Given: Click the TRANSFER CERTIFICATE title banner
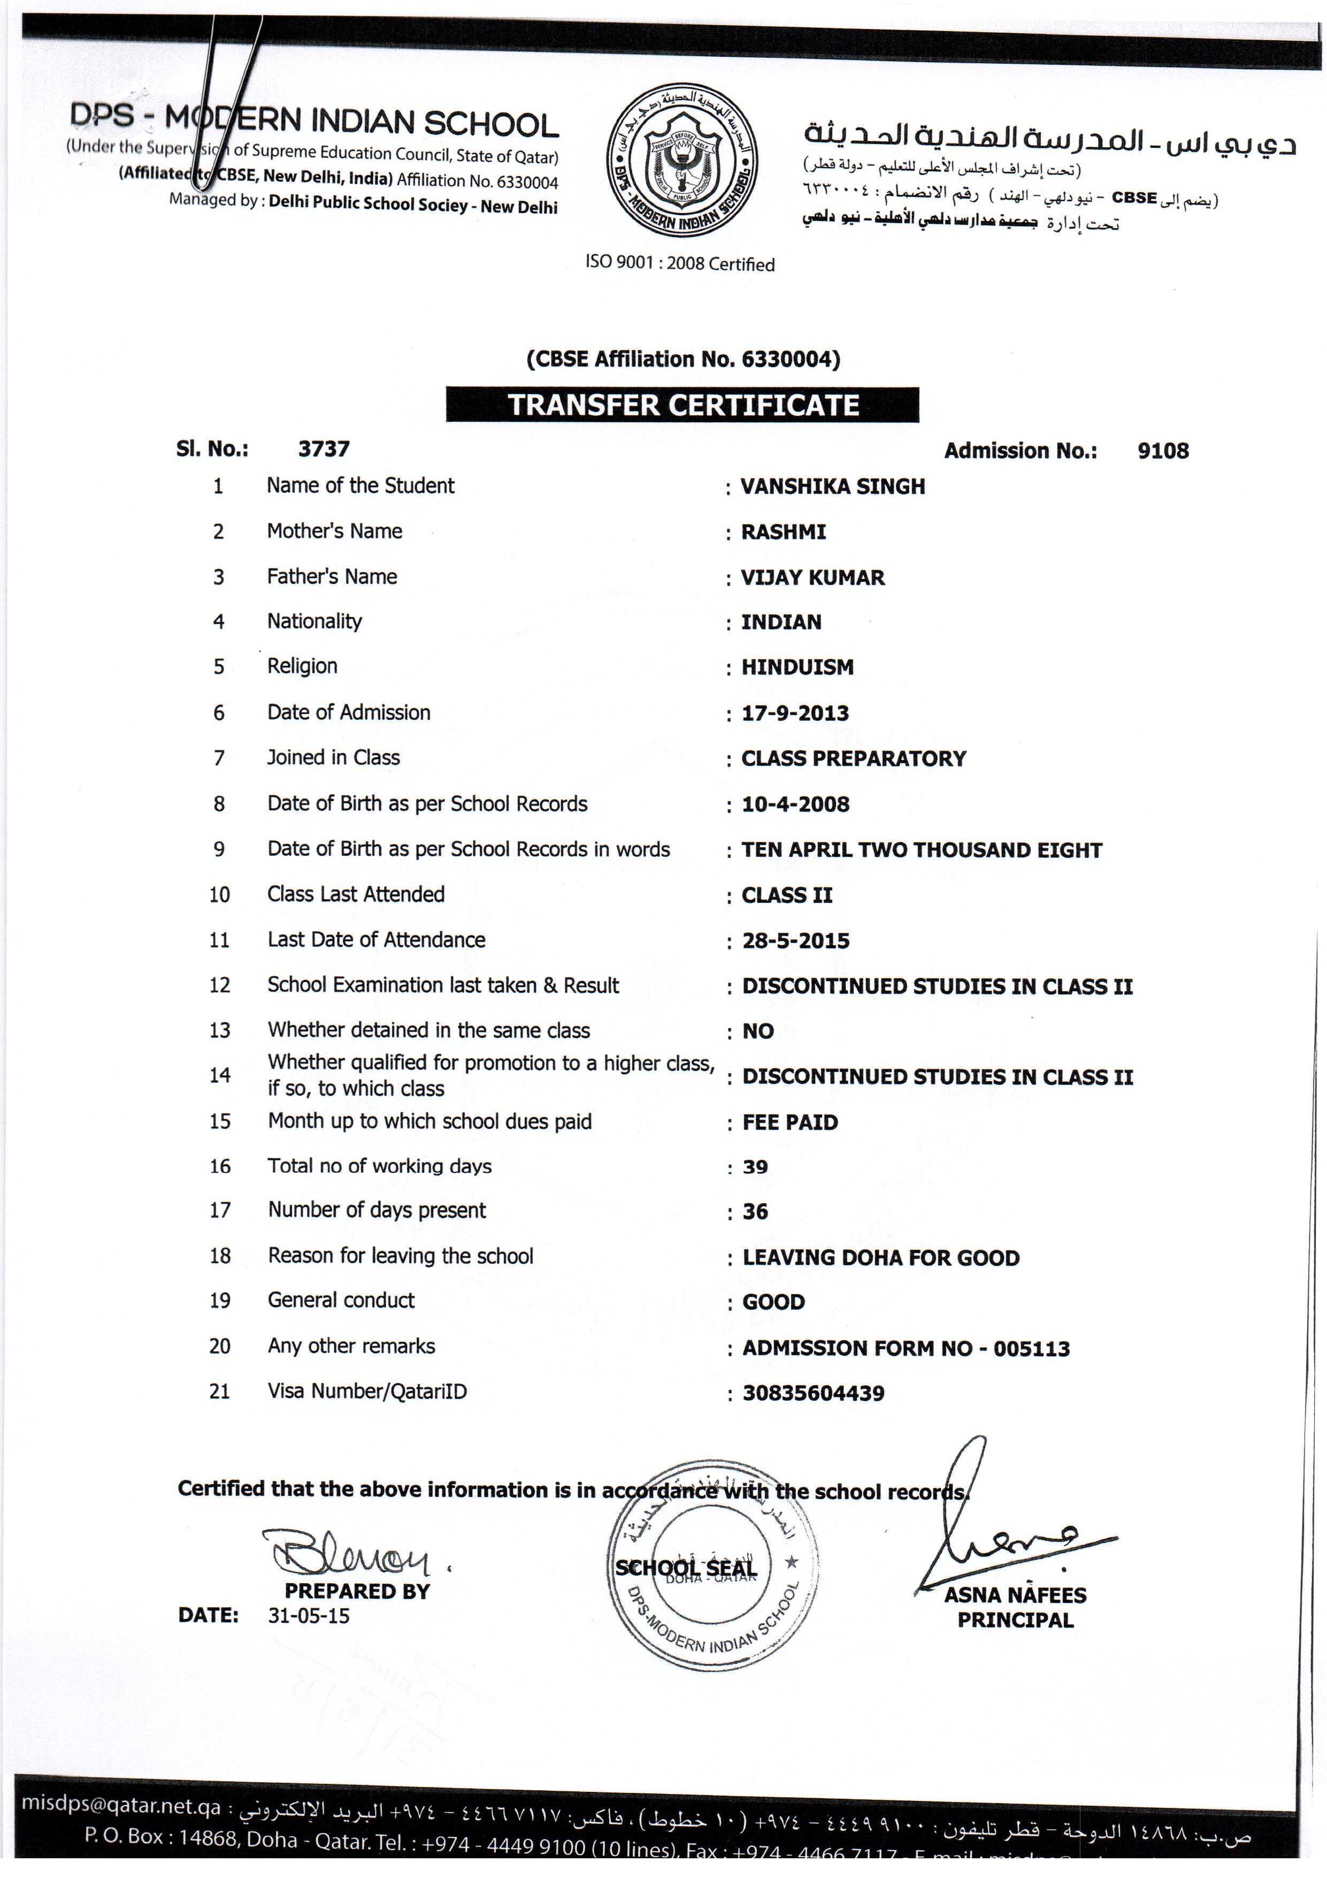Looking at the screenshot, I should pyautogui.click(x=682, y=406).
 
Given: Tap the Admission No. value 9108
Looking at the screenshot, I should pyautogui.click(x=1163, y=451).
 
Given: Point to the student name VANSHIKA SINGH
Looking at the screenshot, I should pyautogui.click(x=833, y=487).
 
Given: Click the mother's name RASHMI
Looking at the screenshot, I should pyautogui.click(x=783, y=532).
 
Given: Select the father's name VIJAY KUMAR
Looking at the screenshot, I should pyautogui.click(x=812, y=578).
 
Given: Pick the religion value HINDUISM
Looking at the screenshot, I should pyautogui.click(x=797, y=667).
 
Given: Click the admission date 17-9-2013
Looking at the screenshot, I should pyautogui.click(x=795, y=713).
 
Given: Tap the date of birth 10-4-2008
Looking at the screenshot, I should pyautogui.click(x=795, y=804).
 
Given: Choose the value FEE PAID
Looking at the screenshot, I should pyautogui.click(x=790, y=1122).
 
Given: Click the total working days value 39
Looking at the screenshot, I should pyautogui.click(x=755, y=1167).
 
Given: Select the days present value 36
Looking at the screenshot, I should pyautogui.click(x=755, y=1212).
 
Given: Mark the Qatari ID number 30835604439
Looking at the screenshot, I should pyautogui.click(x=813, y=1393).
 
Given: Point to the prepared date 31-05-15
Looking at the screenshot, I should pyautogui.click(x=308, y=1616).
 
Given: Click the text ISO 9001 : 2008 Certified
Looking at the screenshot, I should pyautogui.click(x=680, y=264).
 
